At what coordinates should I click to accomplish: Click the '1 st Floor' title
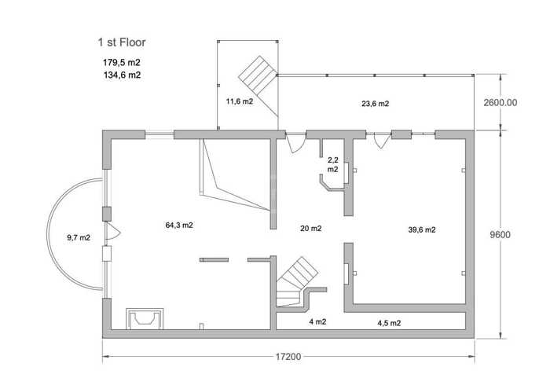tap(121, 42)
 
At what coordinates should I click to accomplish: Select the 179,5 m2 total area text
tap(121, 62)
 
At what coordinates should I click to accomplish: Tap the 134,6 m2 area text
tap(122, 75)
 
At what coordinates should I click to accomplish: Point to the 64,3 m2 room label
tap(179, 226)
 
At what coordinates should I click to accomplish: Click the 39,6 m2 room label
tap(422, 229)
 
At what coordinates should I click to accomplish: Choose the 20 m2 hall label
tap(311, 229)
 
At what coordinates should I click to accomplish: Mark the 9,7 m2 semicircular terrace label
tap(79, 237)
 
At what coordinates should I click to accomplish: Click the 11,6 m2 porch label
tap(240, 101)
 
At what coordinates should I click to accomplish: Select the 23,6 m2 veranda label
tap(376, 104)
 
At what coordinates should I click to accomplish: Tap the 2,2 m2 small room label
tap(333, 164)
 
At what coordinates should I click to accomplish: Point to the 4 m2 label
tap(317, 321)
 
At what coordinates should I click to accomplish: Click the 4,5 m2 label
tap(389, 323)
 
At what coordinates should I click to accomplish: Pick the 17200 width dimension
tap(288, 357)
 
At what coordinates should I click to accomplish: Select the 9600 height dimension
tap(500, 235)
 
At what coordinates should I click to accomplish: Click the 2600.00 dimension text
tap(500, 102)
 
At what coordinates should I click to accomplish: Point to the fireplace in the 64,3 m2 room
tap(145, 319)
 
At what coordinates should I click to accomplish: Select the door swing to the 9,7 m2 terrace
tap(113, 231)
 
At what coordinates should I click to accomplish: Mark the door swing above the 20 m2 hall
tap(295, 143)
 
